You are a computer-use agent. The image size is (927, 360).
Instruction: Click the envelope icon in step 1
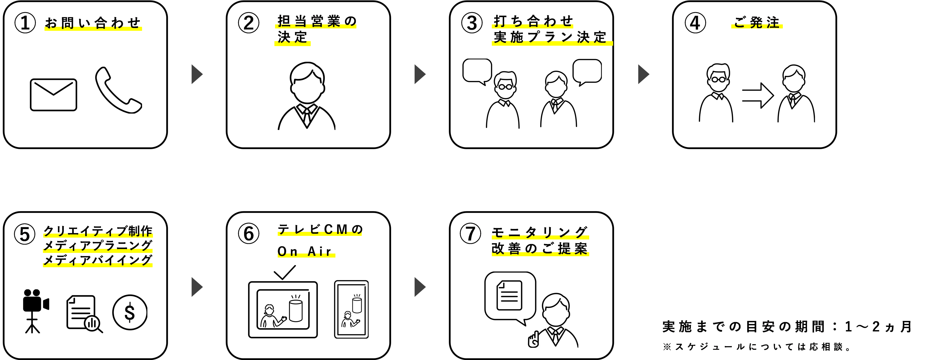click(53, 95)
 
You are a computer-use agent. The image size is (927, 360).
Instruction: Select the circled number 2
click(249, 23)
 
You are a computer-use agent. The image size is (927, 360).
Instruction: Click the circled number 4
click(695, 23)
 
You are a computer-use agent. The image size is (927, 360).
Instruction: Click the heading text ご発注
click(757, 23)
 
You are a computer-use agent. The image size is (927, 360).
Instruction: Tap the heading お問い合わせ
click(93, 23)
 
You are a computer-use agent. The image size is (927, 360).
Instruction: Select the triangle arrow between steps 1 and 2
click(197, 74)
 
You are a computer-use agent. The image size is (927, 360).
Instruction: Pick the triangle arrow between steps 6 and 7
click(420, 287)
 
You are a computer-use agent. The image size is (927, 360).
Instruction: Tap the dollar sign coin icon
click(130, 312)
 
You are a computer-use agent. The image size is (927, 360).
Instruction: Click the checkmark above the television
click(285, 272)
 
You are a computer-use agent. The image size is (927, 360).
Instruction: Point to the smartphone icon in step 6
click(351, 309)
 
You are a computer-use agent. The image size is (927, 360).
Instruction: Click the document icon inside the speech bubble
click(509, 295)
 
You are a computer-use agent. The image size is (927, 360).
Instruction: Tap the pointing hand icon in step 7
click(533, 340)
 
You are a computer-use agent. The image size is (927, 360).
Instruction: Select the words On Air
click(304, 251)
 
